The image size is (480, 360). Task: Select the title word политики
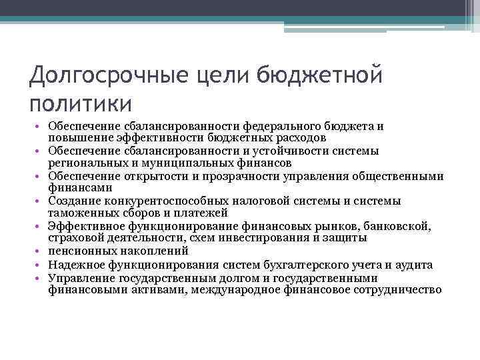[x=81, y=104]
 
